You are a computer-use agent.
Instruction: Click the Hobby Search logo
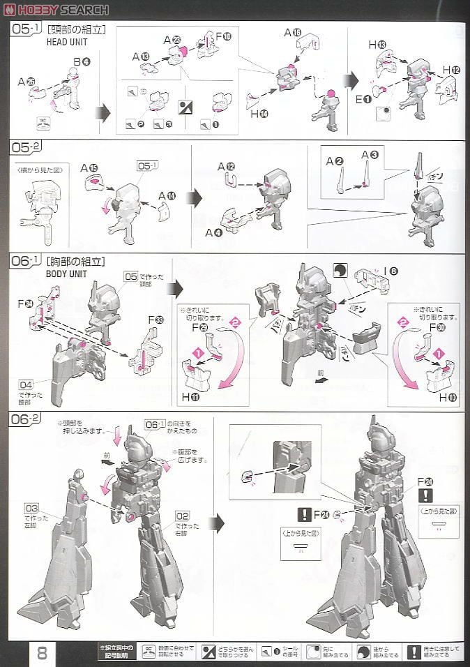point(56,9)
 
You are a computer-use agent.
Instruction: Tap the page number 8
point(42,654)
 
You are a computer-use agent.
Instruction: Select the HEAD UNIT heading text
point(66,41)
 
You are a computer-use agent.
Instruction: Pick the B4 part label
point(81,61)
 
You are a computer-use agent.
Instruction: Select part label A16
point(293,32)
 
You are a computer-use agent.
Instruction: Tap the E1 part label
point(363,99)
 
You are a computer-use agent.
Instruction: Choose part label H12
point(451,70)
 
